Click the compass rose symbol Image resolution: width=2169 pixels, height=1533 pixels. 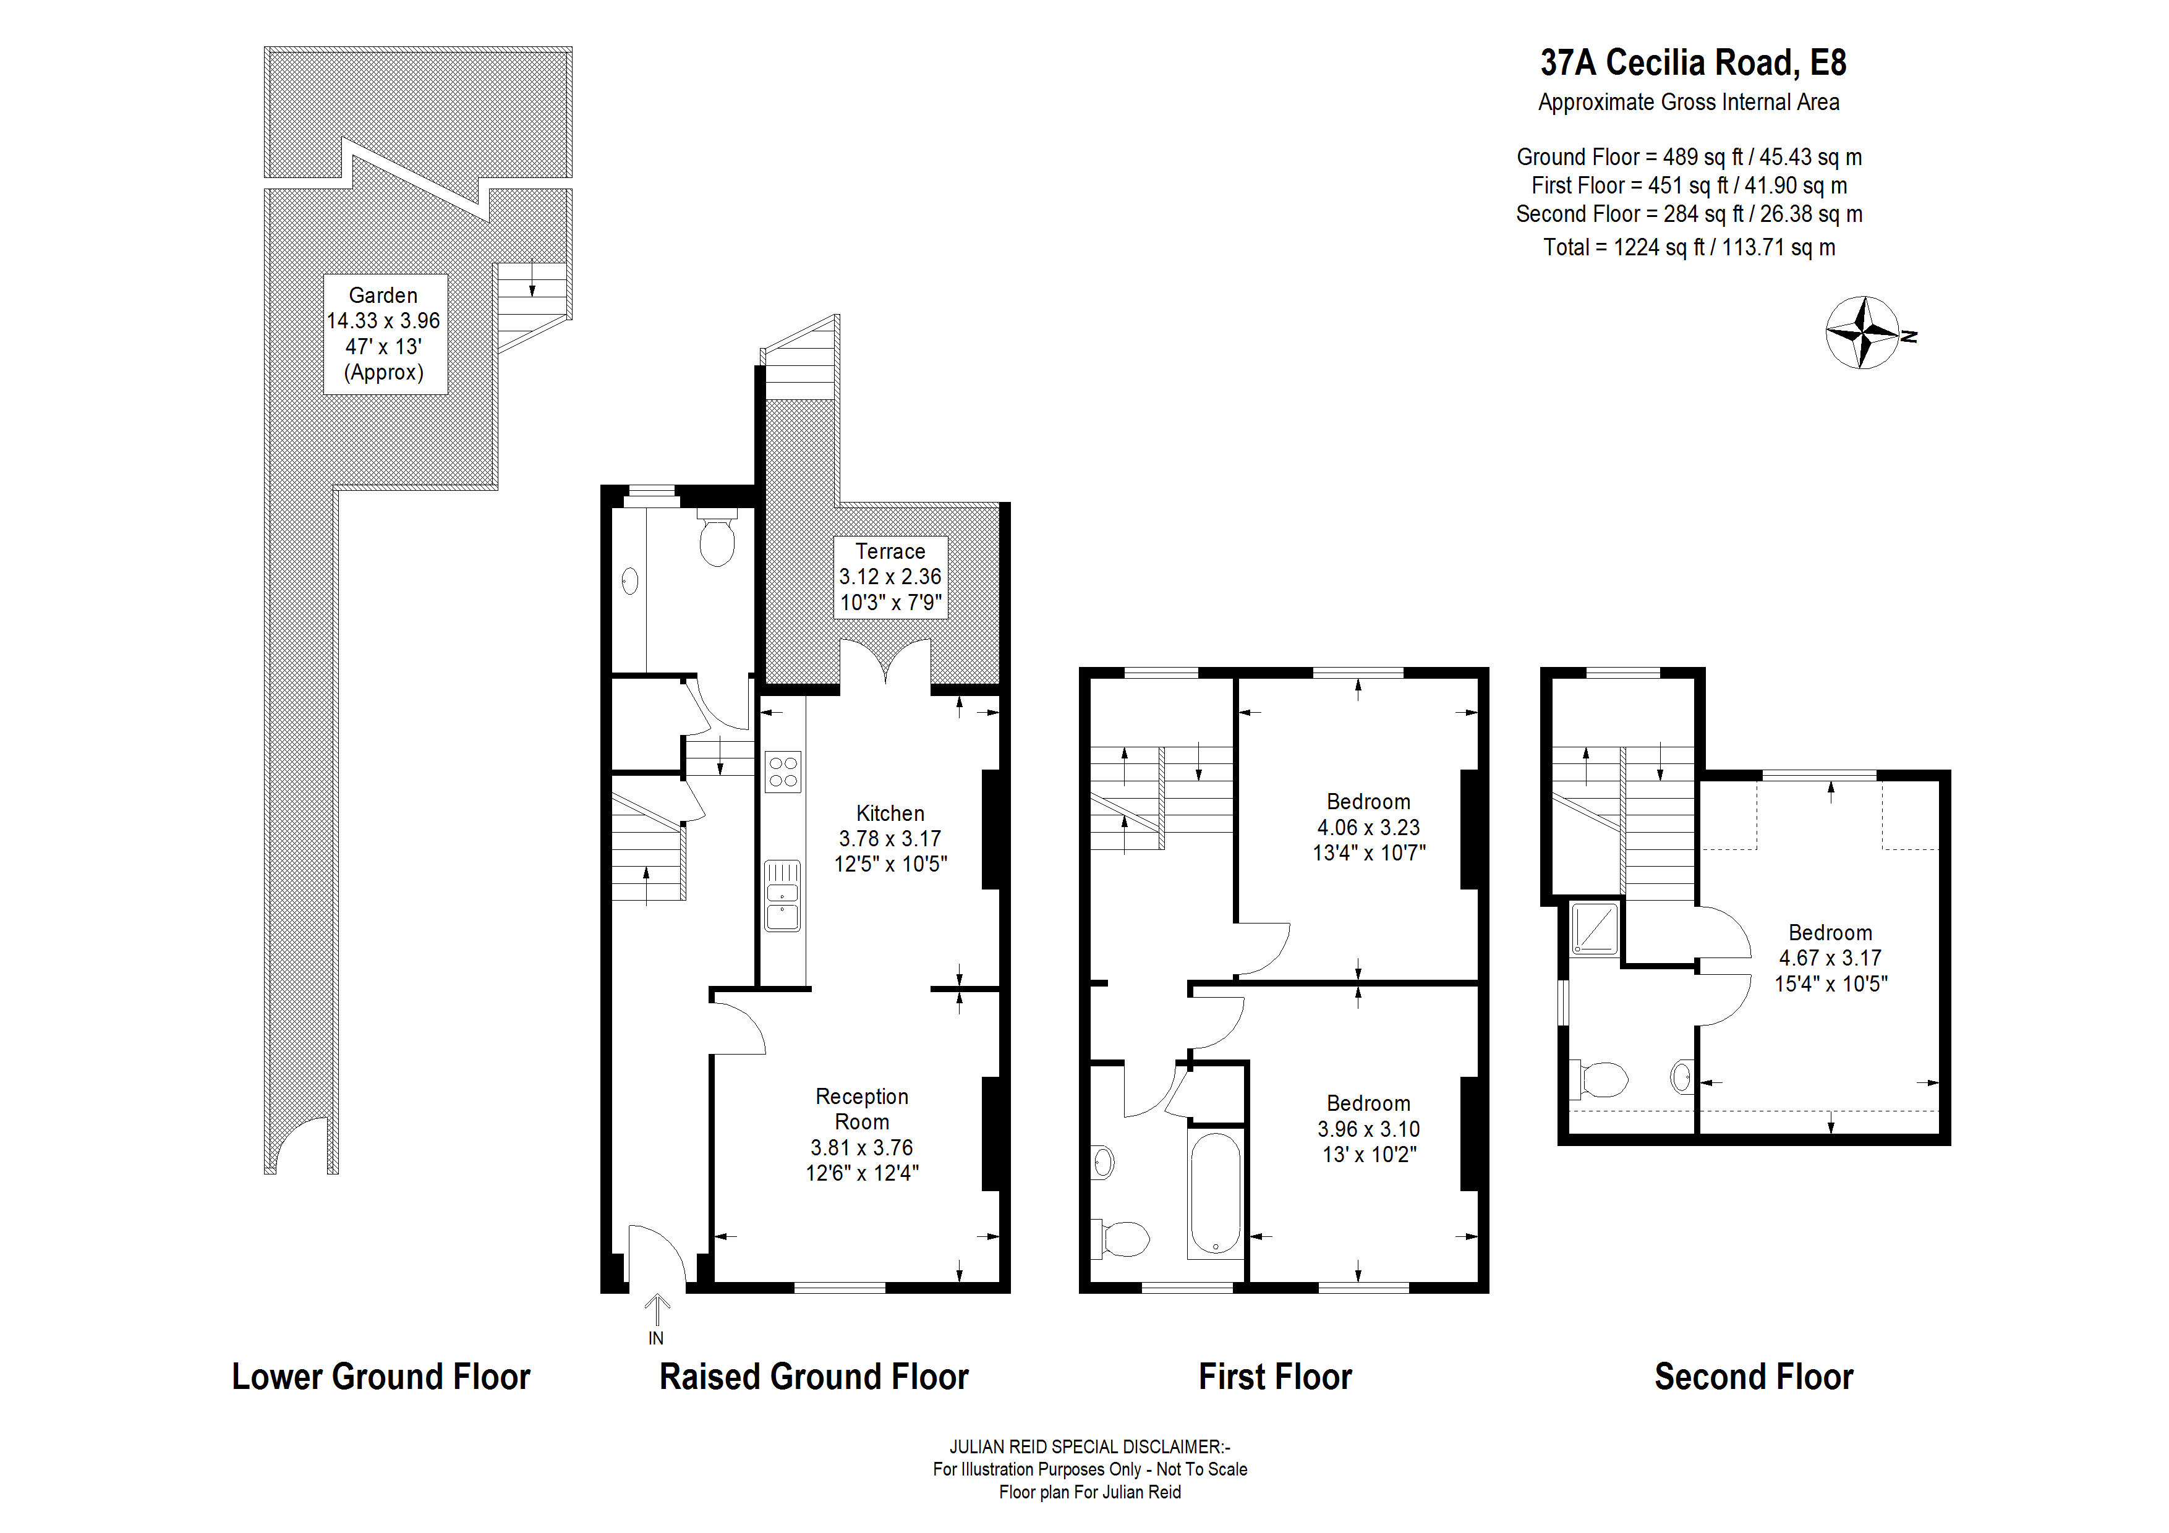click(1862, 333)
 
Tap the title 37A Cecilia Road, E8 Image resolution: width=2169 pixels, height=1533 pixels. click(1693, 63)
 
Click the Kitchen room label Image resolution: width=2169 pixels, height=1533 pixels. click(890, 813)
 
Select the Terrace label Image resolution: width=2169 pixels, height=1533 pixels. click(890, 551)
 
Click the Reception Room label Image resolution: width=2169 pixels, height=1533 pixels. click(861, 1109)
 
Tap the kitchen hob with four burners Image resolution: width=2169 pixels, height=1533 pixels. click(783, 771)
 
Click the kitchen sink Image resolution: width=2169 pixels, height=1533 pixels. click(782, 896)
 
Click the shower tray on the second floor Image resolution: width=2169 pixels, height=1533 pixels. click(1594, 928)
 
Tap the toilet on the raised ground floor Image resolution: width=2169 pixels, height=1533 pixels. click(717, 540)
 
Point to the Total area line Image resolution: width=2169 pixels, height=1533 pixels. click(1689, 247)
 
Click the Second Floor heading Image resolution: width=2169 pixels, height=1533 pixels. click(1754, 1377)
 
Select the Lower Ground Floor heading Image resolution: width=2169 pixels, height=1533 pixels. click(381, 1377)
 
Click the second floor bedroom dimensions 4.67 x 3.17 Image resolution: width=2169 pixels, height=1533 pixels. click(1830, 958)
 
